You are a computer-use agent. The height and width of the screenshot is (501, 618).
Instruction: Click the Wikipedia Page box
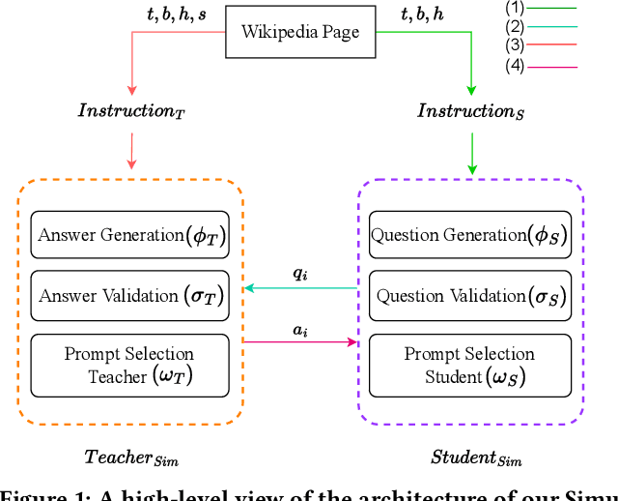tap(300, 33)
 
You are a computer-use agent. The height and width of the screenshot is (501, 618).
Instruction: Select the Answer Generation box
tap(130, 235)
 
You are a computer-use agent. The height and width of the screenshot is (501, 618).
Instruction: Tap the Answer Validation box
tap(130, 296)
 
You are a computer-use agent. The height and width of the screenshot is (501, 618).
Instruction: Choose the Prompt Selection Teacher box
tap(130, 365)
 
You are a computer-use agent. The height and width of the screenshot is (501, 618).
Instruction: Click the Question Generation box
tap(469, 235)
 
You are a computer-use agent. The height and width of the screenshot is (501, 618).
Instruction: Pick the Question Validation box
tap(469, 296)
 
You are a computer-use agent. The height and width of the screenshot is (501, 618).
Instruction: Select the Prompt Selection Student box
tap(469, 365)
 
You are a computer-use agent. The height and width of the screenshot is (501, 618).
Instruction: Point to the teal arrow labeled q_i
tap(299, 287)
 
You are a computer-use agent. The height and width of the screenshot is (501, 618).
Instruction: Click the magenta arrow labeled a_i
tap(299, 340)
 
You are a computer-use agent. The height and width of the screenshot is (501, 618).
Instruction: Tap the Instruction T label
tap(129, 110)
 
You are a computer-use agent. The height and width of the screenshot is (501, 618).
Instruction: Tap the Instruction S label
tap(469, 110)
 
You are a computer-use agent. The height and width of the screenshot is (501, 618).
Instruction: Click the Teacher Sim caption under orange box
tap(131, 457)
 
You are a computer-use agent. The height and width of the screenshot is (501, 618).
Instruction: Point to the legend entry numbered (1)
tap(541, 9)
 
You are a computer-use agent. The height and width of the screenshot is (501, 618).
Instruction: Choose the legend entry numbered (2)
tap(541, 27)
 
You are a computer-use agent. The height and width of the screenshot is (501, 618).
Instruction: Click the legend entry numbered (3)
tap(541, 45)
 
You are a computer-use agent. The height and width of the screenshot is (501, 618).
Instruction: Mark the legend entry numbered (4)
tap(541, 66)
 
